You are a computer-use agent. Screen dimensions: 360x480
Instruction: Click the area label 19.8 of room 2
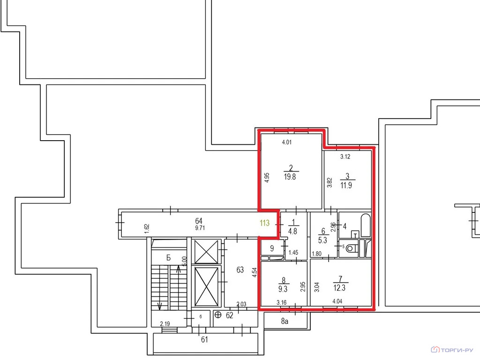[290, 177]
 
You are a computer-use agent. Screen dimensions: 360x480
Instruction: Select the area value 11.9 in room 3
[347, 185]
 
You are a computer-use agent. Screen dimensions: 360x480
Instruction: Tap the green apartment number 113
[264, 224]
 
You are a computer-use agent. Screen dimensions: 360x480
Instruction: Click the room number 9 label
[272, 247]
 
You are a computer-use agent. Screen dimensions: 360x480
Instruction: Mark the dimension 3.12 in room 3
[345, 157]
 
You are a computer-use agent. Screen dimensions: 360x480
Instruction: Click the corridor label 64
[198, 221]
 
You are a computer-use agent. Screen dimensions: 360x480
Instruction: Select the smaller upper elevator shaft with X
[207, 251]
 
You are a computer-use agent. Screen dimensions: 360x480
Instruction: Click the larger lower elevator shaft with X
[207, 286]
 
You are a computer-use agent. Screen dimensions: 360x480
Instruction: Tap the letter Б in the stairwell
[168, 258]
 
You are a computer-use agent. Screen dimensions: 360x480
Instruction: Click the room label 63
[240, 270]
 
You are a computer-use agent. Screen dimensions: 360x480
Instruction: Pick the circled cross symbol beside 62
[218, 315]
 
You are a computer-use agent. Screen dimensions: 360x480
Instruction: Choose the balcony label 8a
[285, 321]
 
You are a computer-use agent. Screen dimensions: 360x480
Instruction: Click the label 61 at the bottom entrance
[204, 340]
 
